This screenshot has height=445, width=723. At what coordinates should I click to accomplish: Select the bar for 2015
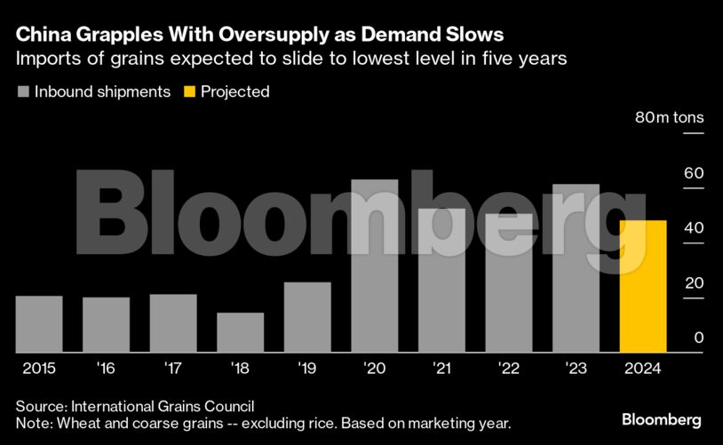(x=39, y=323)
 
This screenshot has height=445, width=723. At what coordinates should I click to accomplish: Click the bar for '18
(x=240, y=332)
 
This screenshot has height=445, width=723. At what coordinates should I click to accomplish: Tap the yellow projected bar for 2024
(x=642, y=286)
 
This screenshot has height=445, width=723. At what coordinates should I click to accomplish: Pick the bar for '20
(x=374, y=266)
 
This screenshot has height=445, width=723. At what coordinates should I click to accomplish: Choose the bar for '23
(x=576, y=268)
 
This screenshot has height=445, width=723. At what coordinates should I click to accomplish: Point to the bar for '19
(x=307, y=317)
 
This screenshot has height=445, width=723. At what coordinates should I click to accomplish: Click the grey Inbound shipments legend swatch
(x=23, y=91)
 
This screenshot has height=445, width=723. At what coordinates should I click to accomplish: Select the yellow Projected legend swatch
(x=188, y=91)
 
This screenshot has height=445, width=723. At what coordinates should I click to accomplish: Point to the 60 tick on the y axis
(x=693, y=172)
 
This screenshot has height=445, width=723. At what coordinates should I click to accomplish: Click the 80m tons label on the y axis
(x=668, y=117)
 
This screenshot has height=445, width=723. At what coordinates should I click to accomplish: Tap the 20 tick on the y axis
(x=693, y=282)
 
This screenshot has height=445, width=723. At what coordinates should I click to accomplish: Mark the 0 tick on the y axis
(x=698, y=338)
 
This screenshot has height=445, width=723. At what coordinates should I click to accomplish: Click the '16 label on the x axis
(x=107, y=368)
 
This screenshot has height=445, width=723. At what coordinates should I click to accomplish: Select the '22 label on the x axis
(x=508, y=368)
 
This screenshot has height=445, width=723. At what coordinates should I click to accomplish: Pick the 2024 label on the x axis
(x=642, y=368)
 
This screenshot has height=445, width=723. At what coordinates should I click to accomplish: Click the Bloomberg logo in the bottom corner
(x=662, y=419)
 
